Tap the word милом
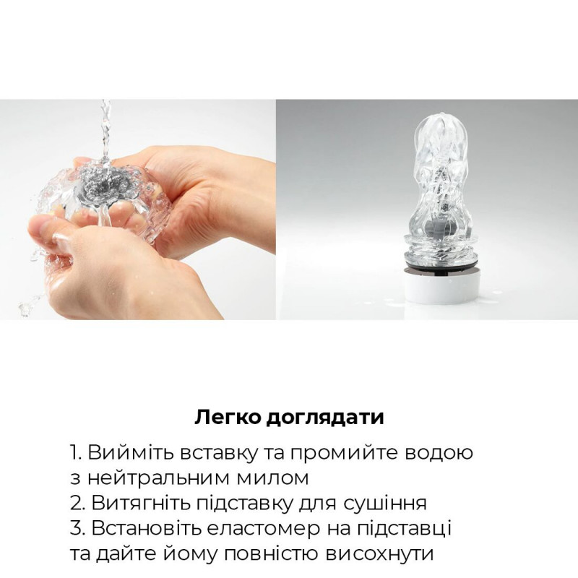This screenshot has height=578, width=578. (x=273, y=478)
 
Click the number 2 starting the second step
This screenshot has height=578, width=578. (x=75, y=504)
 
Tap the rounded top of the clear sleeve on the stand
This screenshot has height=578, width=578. (x=428, y=123)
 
